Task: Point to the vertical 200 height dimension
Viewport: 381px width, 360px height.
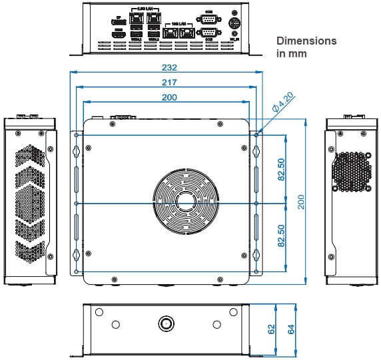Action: click(x=301, y=202)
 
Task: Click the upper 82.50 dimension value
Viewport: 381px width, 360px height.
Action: click(x=282, y=169)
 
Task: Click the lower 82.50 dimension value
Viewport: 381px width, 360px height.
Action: click(x=282, y=236)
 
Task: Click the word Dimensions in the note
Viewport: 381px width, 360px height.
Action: click(x=306, y=41)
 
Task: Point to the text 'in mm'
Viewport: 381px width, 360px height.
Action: click(x=292, y=53)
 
